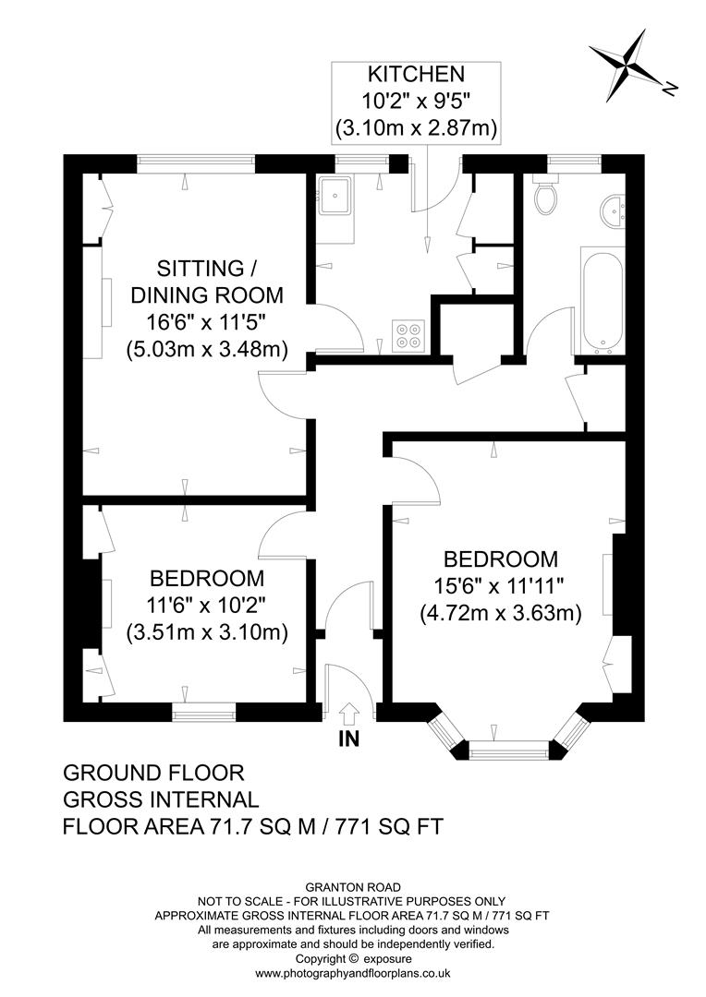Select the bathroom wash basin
point(611,211)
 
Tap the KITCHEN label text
point(418,74)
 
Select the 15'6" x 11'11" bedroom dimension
point(500,585)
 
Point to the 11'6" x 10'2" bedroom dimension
point(206,606)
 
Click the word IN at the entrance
point(349,739)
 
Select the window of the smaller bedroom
point(203,712)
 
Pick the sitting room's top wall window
point(195,163)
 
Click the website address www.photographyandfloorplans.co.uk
point(352,973)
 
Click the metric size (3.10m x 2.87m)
point(418,128)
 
